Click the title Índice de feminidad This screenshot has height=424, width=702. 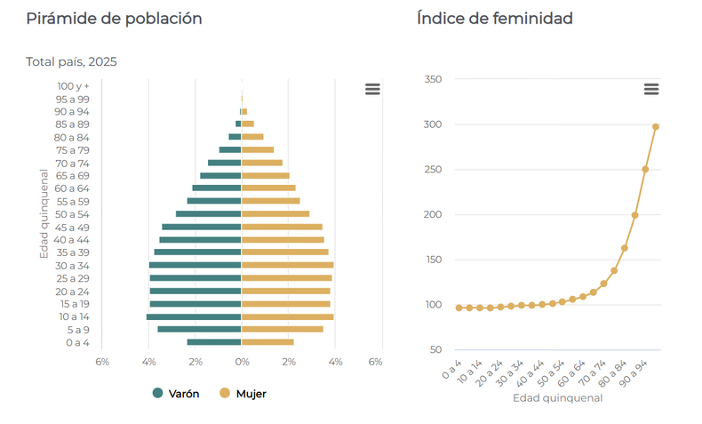click(494, 19)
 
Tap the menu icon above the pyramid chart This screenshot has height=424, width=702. click(372, 89)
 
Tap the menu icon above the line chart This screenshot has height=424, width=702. click(651, 89)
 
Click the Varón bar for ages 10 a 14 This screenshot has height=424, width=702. click(194, 316)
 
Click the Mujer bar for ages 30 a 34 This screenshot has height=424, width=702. click(288, 265)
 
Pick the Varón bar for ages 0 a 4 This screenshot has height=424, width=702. click(214, 342)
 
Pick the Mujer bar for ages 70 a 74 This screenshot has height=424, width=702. click(262, 163)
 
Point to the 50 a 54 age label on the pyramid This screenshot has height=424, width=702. click(72, 214)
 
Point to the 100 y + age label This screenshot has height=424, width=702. click(74, 86)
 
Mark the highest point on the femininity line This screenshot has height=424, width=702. click(656, 126)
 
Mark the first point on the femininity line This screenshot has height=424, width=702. click(459, 308)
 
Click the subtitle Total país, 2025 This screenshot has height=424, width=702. click(71, 62)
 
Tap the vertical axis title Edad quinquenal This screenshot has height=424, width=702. click(44, 214)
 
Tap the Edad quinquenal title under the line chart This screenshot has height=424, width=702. click(557, 398)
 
